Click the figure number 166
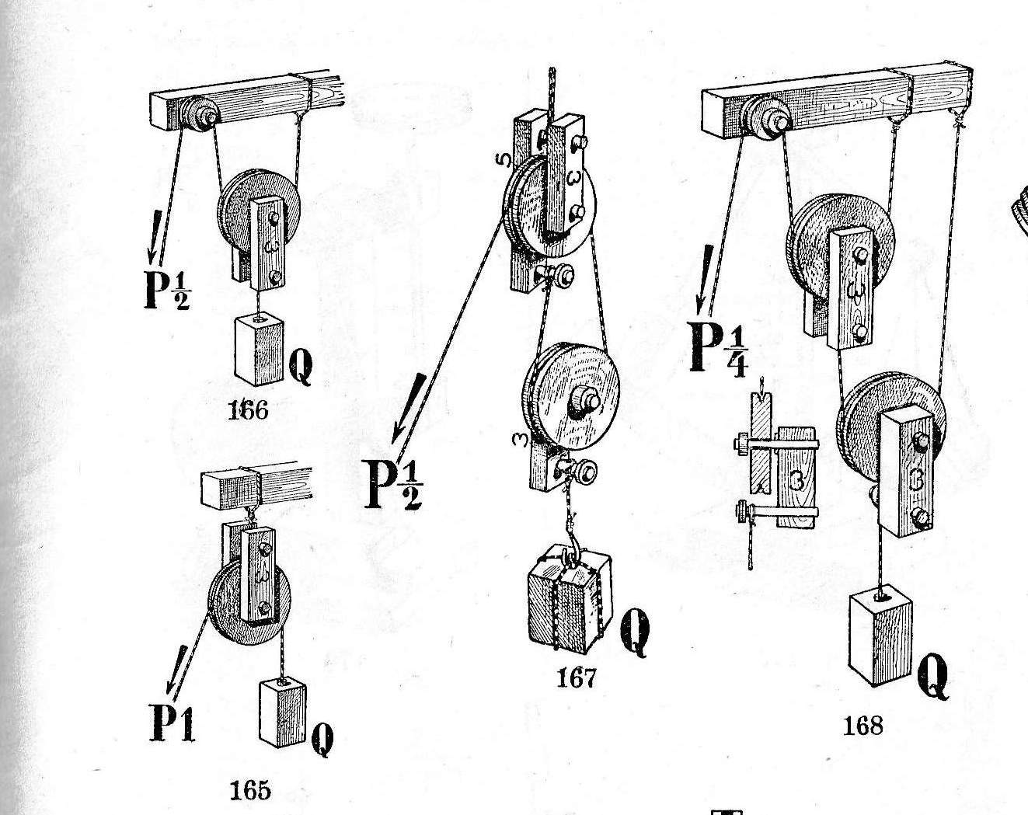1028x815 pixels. [249, 409]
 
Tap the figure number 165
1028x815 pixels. [250, 790]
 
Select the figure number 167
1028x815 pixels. [577, 678]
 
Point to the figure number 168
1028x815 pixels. [862, 726]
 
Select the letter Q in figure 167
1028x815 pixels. [635, 632]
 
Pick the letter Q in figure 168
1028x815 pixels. [933, 677]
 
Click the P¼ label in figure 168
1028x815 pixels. [719, 347]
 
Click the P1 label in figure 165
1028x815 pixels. [172, 723]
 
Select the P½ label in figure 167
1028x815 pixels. [393, 484]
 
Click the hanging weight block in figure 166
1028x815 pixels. [260, 350]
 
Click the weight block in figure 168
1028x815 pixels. [880, 635]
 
